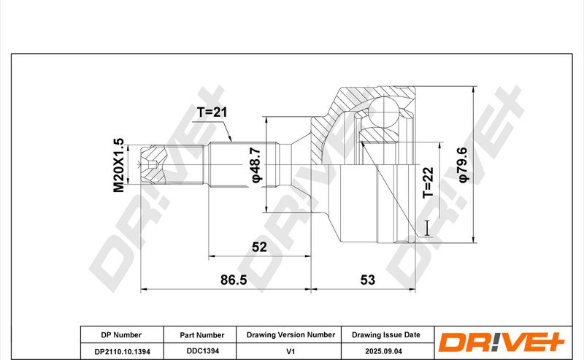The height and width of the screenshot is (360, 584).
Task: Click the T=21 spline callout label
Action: click(x=212, y=112)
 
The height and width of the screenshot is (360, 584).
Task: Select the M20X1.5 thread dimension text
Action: click(x=119, y=165)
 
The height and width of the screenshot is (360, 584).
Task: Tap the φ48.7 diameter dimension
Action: click(x=257, y=164)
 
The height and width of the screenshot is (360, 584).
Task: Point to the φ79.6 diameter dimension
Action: click(x=462, y=165)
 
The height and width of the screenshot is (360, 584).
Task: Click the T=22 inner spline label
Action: click(x=429, y=183)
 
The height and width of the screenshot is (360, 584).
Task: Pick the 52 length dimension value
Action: click(x=259, y=247)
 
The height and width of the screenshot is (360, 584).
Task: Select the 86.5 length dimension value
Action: click(x=234, y=280)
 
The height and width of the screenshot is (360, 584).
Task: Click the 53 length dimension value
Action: click(x=368, y=280)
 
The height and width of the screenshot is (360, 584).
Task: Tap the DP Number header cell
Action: click(x=121, y=335)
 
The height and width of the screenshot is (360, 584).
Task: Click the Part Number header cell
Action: click(x=202, y=335)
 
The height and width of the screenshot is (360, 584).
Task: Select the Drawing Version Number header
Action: click(x=291, y=334)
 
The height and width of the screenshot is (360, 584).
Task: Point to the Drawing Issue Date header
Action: click(x=386, y=334)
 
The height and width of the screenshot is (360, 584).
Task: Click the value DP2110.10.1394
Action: click(x=123, y=351)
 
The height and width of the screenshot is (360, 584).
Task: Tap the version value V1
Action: click(x=291, y=351)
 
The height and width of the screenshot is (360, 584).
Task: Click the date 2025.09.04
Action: click(x=384, y=351)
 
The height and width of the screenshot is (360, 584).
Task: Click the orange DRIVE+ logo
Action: click(x=501, y=342)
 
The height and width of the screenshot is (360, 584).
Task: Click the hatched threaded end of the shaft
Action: click(x=153, y=164)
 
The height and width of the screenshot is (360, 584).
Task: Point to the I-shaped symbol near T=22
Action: click(x=427, y=228)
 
